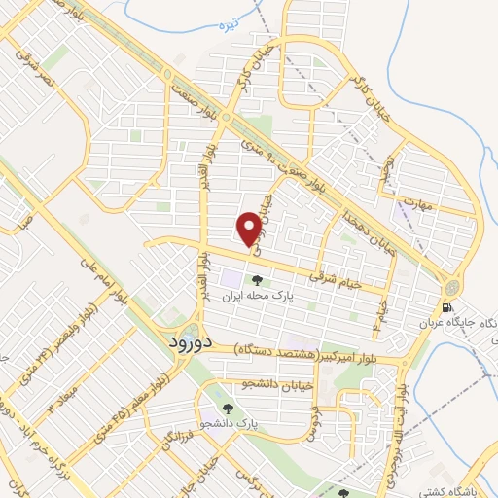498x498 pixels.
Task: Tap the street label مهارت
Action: pyautogui.click(x=419, y=205)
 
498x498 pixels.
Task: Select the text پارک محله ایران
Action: pyautogui.click(x=256, y=295)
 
